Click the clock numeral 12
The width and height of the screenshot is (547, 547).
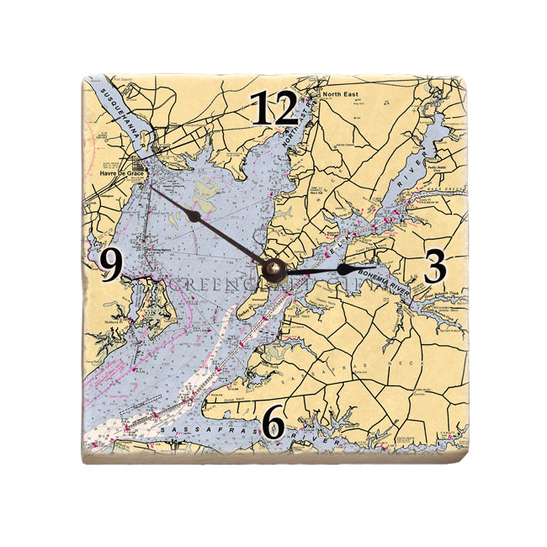(x=275, y=109)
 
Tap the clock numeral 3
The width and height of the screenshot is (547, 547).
(x=433, y=268)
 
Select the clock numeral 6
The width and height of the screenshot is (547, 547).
(x=273, y=422)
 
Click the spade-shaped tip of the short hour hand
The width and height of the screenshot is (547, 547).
(x=345, y=268)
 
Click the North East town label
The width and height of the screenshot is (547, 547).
(x=340, y=94)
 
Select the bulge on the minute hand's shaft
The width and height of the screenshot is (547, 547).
(x=194, y=216)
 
